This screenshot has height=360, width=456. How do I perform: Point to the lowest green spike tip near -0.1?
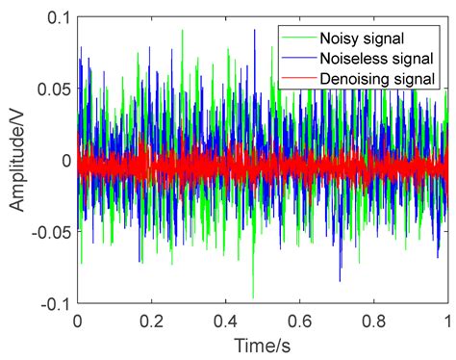(x=253, y=297)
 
